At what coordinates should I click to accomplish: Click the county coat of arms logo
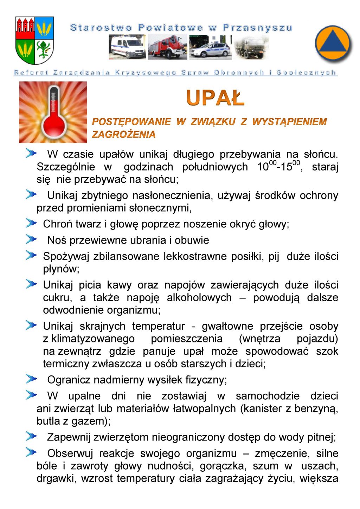pos(34,40)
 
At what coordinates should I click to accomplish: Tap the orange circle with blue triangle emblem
pos(333,44)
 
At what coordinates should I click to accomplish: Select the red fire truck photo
pos(167,47)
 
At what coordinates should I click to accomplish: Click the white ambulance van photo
pos(127,47)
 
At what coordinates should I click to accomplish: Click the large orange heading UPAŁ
pos(215,98)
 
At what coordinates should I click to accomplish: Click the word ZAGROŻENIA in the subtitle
pos(123,134)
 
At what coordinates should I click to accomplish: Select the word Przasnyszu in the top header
pos(258,28)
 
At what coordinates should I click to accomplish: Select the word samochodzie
pos(268,396)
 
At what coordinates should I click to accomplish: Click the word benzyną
pos(316,408)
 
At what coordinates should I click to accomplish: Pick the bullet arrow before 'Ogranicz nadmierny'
pos(31,379)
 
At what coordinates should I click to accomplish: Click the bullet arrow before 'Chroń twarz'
pos(31,223)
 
